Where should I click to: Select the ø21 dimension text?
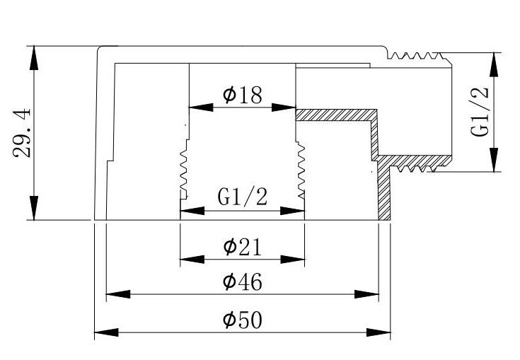243,247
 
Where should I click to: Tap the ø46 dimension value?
243,282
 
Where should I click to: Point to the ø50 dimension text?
243,320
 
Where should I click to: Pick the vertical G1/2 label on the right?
480,112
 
